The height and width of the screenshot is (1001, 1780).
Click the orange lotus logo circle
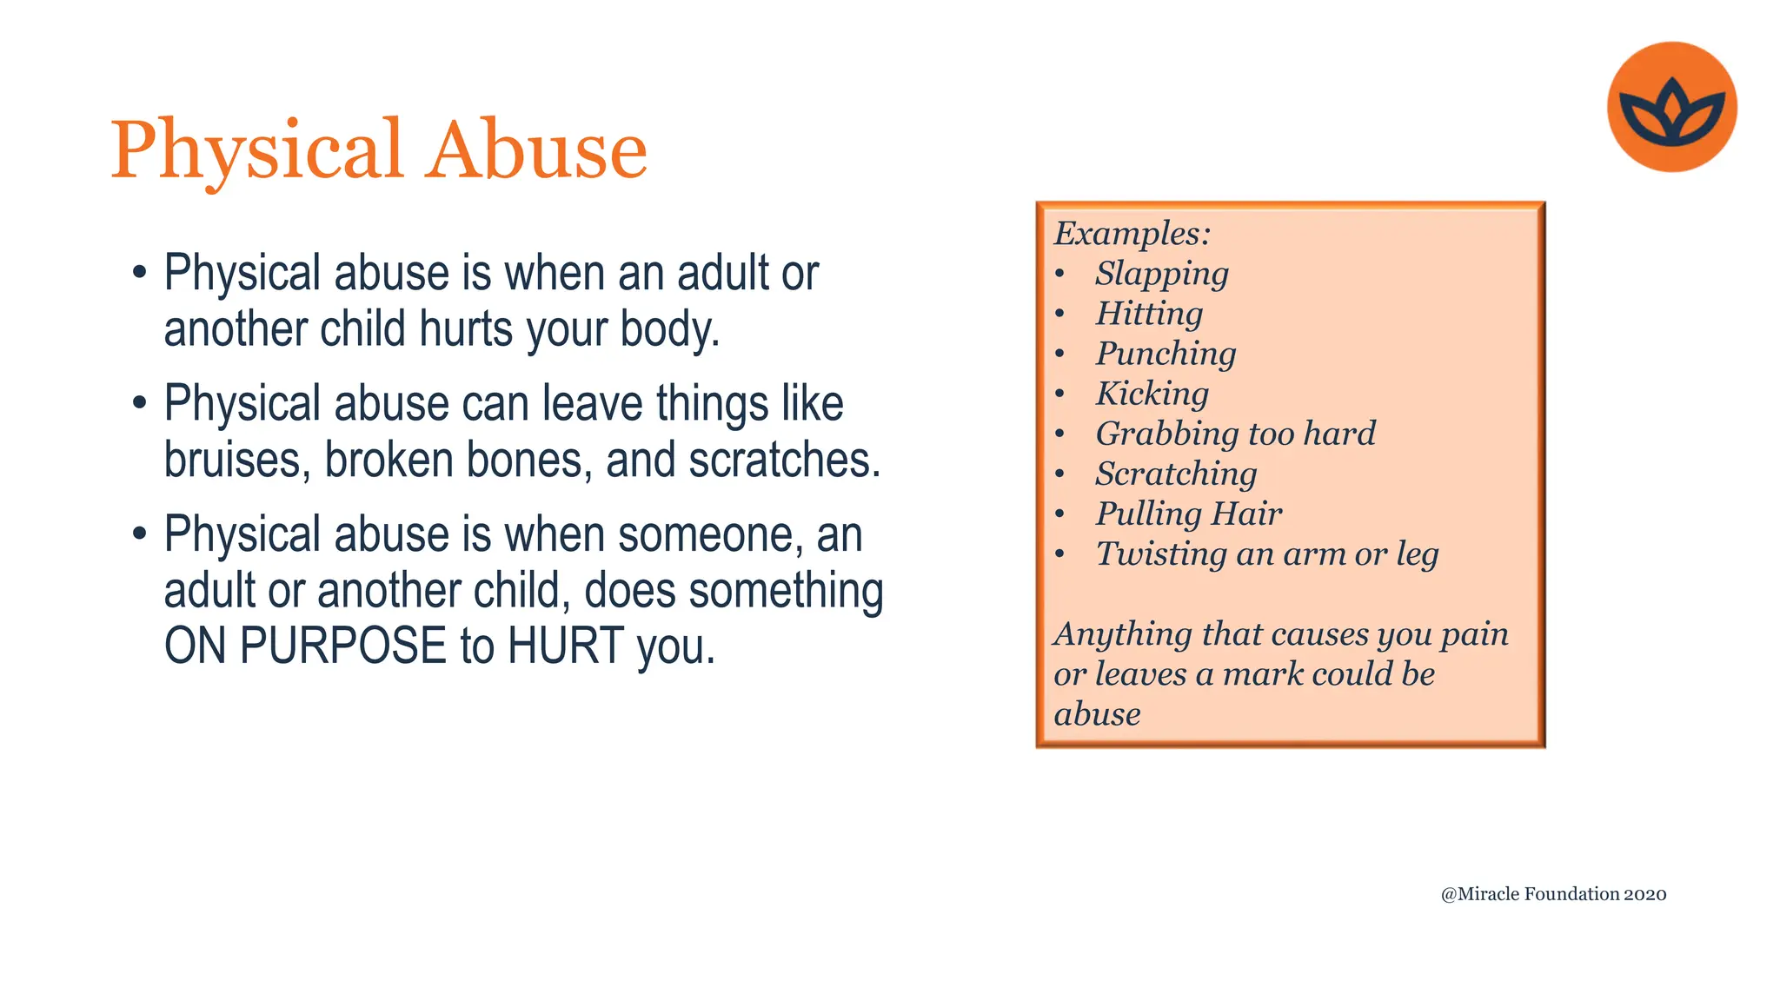pos(1671,106)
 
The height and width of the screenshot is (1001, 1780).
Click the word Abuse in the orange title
pos(538,149)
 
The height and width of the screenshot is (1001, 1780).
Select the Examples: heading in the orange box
pos(1132,233)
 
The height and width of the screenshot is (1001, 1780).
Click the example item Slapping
pos(1161,274)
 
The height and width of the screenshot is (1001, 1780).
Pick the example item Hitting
pos(1149,314)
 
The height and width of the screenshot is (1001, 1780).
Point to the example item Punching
pos(1166,354)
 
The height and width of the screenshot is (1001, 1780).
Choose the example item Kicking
pos(1152,394)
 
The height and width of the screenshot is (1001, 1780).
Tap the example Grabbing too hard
pos(1235,434)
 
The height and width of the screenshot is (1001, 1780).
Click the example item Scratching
pos(1176,474)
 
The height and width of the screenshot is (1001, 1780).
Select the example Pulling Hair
pos(1188,514)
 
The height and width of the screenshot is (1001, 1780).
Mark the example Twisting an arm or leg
pos(1266,554)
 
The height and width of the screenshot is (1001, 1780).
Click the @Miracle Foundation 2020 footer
pos(1553,894)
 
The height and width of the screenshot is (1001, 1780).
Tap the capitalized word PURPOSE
pos(342,646)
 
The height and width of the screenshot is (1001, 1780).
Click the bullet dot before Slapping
pos(1059,275)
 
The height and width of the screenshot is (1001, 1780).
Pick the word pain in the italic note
pos(1474,634)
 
